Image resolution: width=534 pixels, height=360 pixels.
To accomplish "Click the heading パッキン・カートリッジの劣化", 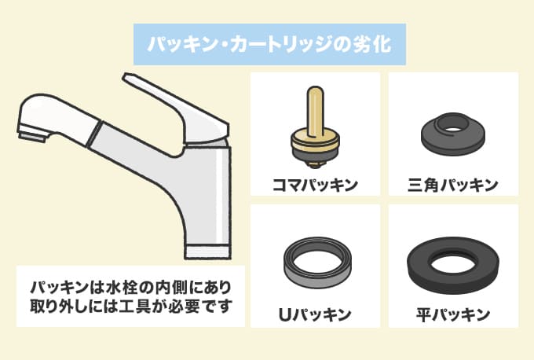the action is click(269, 44).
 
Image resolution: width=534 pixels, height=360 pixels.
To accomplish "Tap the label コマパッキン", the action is click(315, 186).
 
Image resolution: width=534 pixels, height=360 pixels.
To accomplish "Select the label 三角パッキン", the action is click(453, 186).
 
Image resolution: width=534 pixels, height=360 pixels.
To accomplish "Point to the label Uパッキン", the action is click(315, 314).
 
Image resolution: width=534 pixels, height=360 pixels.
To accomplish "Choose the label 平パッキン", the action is click(453, 314).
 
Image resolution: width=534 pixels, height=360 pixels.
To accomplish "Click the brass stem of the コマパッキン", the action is click(315, 109).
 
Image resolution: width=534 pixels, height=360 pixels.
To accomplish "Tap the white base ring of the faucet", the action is click(207, 252).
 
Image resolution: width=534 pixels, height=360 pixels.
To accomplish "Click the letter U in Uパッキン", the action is click(285, 315).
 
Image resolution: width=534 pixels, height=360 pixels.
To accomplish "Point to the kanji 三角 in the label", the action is click(422, 186).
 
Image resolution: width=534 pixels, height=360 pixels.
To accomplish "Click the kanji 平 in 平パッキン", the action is click(423, 314).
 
